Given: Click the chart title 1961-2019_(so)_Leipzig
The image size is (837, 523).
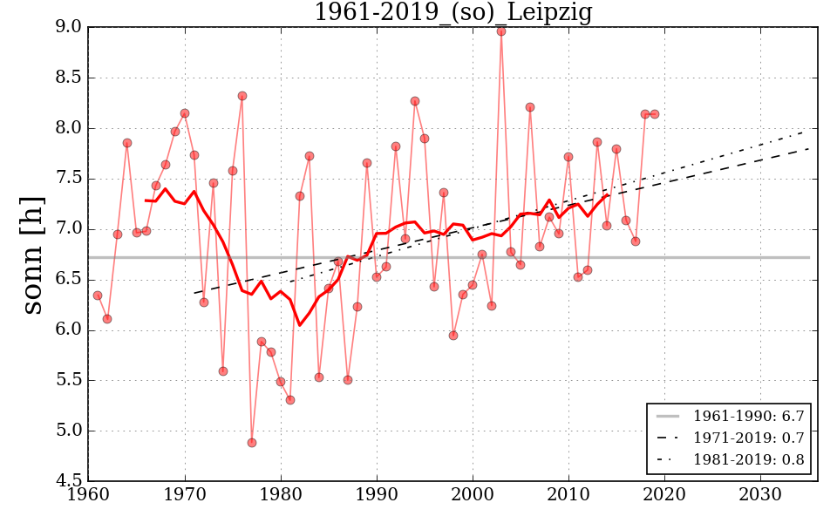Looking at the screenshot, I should pos(453,12).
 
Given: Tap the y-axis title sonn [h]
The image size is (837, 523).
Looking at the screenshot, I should pos(32,255).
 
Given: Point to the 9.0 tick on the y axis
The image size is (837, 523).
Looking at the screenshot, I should pos(69,28).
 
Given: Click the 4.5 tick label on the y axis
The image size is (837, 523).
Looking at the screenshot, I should pos(69,481).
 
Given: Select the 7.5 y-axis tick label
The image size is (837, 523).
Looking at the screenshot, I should pos(69,179).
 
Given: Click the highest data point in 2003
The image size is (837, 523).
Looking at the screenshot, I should pos(501,31).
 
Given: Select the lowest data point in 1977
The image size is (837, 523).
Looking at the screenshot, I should pos(252,443).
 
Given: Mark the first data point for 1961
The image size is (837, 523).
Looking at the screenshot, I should pos(98,295).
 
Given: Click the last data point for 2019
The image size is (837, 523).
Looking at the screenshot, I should pos(655,114).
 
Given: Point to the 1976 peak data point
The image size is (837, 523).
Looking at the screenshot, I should pos(242,96).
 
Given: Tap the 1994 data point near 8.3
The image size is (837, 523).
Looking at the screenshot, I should pos(415,101).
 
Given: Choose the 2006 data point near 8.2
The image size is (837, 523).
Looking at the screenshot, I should pos(530,107).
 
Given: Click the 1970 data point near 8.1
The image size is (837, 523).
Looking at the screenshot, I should pos(185,113).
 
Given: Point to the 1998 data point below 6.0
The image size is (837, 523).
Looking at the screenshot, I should pos(453,336).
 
